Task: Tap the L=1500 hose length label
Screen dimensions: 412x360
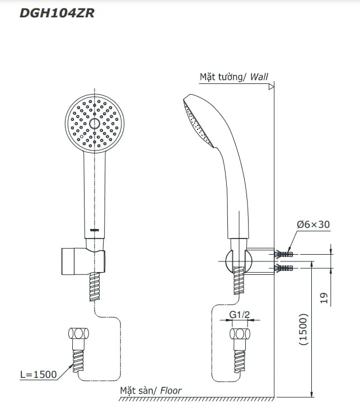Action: pyautogui.click(x=38, y=374)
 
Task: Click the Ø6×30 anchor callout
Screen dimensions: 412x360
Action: pyautogui.click(x=313, y=224)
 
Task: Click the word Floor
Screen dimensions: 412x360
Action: pyautogui.click(x=171, y=391)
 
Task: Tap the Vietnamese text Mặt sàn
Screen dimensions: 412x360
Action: pyautogui.click(x=138, y=391)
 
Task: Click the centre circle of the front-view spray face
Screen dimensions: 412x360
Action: pyautogui.click(x=94, y=124)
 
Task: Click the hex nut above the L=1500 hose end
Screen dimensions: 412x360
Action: pyautogui.click(x=78, y=334)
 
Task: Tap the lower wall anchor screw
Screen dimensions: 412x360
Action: pyautogui.click(x=285, y=268)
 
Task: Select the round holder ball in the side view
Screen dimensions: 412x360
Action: pyautogui.click(x=232, y=261)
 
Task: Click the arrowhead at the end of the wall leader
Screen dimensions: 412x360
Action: pyautogui.click(x=272, y=87)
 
